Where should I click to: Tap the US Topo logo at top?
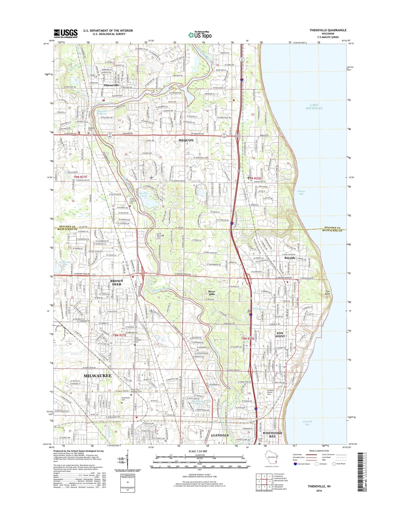[x=200, y=35]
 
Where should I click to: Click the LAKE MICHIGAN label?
[x=314, y=107]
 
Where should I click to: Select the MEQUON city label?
[x=186, y=140]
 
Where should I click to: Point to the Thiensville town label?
[x=111, y=85]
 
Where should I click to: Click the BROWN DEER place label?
[x=117, y=282]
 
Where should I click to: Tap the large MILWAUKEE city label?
[x=97, y=376]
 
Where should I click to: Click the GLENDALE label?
[x=220, y=435]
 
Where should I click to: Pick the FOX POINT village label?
[x=280, y=334]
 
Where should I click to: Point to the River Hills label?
[x=212, y=293]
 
